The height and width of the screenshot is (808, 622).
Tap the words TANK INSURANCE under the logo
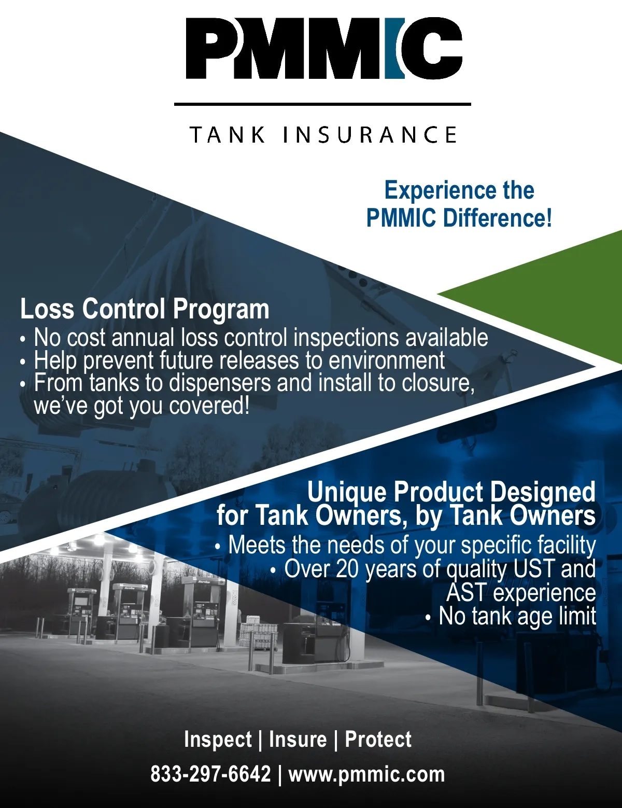(x=323, y=135)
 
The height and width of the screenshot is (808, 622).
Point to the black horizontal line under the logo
(x=322, y=104)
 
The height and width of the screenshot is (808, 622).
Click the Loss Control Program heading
(x=145, y=310)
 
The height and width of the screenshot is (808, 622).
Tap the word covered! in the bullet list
(x=209, y=406)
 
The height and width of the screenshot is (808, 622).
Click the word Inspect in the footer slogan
(x=218, y=739)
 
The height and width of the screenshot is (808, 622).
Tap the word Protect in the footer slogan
(x=378, y=739)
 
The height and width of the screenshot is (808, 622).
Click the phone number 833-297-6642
(x=210, y=774)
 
